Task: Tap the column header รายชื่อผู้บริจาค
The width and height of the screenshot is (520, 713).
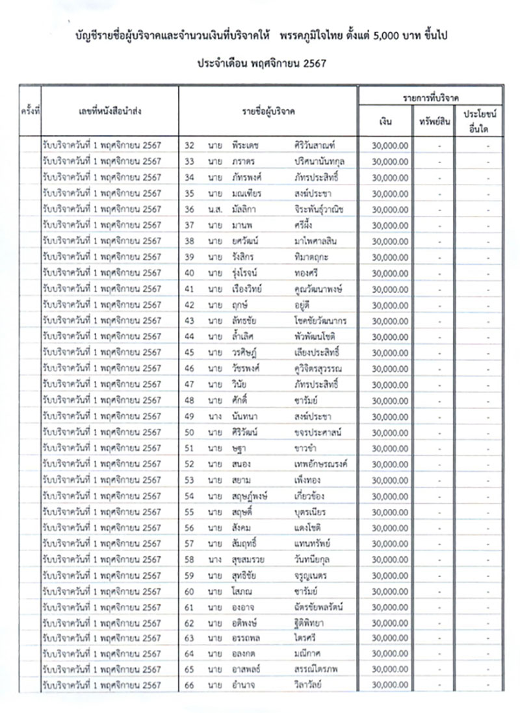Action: click(268, 112)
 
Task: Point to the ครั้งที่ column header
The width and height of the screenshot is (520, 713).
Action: click(30, 112)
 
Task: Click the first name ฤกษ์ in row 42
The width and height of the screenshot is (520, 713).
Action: click(238, 304)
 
